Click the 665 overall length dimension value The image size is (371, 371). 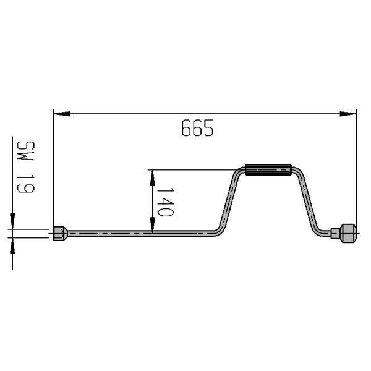point(197,128)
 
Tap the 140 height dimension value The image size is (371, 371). point(166,202)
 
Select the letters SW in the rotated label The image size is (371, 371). point(26,151)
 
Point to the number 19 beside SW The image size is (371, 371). point(26,184)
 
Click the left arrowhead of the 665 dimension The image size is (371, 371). point(61,114)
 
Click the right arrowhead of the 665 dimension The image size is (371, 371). point(348,114)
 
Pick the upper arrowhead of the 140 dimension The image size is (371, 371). point(153,178)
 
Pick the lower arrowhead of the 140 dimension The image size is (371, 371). point(153,225)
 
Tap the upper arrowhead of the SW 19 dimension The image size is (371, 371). point(12,221)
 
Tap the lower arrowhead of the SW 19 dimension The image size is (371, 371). point(12,246)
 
